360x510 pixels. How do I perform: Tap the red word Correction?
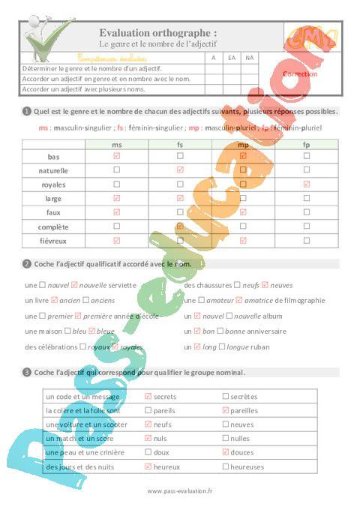coord(301,74)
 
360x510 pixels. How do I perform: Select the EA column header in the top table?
coord(232,58)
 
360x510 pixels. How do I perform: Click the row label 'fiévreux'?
coord(53,241)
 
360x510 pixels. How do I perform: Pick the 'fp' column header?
coord(306,143)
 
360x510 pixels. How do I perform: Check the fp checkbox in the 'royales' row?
coord(306,184)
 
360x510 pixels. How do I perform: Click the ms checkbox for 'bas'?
coord(116,156)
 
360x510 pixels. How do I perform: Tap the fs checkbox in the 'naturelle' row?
coord(180,170)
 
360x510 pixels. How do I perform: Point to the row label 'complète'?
coord(53,226)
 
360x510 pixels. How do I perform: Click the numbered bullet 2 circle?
coord(27,264)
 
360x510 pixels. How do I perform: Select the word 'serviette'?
coord(121,285)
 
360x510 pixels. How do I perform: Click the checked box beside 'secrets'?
coord(148,396)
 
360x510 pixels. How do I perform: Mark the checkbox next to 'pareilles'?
coord(225,410)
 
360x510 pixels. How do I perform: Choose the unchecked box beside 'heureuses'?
coord(225,466)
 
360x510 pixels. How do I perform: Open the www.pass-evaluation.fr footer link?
coord(180,490)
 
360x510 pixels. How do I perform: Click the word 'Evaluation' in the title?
coord(130,32)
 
